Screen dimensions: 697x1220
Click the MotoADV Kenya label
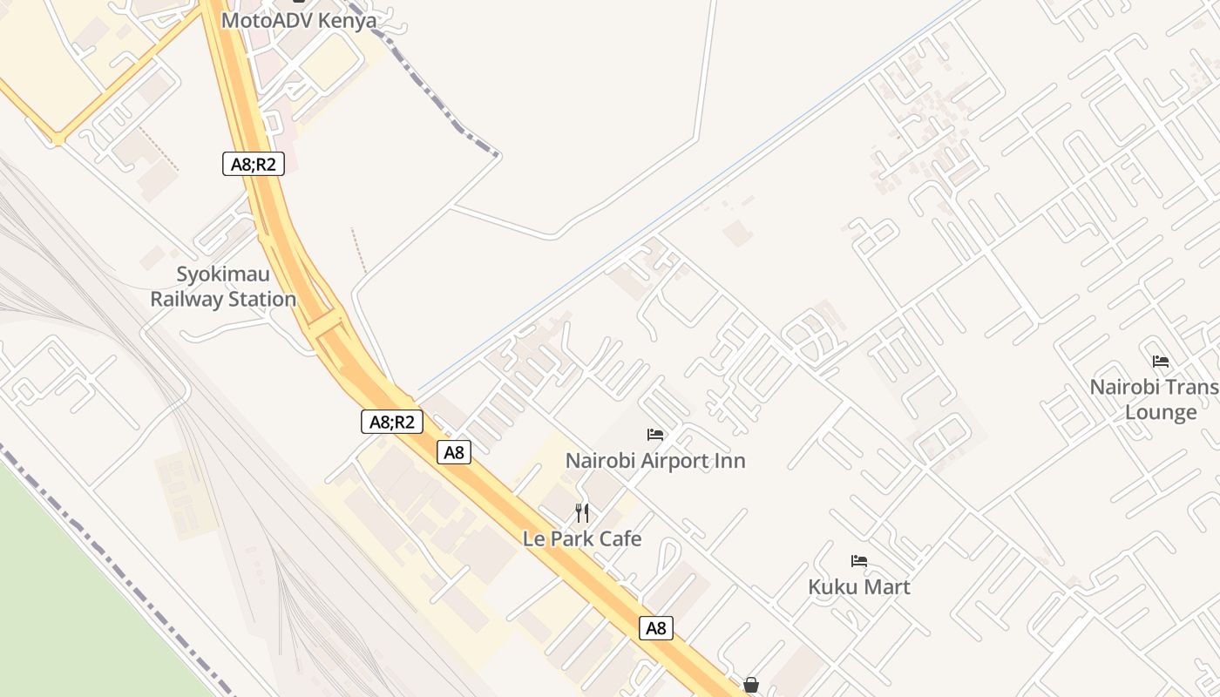point(299,20)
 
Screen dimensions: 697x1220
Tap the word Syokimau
point(224,274)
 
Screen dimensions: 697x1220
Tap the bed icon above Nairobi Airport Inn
point(655,434)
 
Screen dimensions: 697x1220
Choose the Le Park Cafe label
point(582,538)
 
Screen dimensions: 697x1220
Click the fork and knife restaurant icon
point(582,512)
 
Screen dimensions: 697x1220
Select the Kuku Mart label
point(859,586)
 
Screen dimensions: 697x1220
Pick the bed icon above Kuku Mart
point(859,561)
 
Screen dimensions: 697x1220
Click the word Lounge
point(1161,412)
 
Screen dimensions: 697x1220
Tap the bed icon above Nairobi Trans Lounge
point(1161,361)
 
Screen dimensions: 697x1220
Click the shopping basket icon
point(751,685)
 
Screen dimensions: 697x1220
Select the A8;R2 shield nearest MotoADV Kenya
point(254,163)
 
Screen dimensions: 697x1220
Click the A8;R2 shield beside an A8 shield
point(392,422)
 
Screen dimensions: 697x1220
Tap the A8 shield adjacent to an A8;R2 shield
point(454,452)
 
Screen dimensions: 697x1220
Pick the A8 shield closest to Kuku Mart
point(656,627)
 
